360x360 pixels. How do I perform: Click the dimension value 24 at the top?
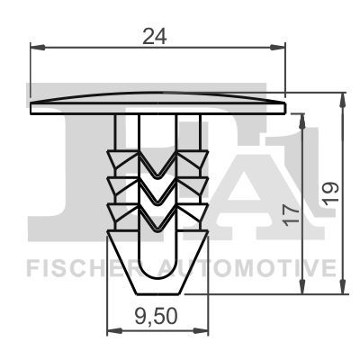point(154,36)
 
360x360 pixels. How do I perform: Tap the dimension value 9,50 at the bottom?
point(156,317)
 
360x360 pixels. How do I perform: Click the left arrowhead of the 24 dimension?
point(38,47)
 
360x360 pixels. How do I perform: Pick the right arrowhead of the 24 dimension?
point(277,47)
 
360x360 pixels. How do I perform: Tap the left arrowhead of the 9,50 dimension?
point(114,331)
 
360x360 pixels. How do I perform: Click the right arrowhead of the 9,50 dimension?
point(201,331)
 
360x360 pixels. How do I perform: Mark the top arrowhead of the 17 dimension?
point(302,121)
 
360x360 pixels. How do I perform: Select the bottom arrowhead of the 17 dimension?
point(302,286)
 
